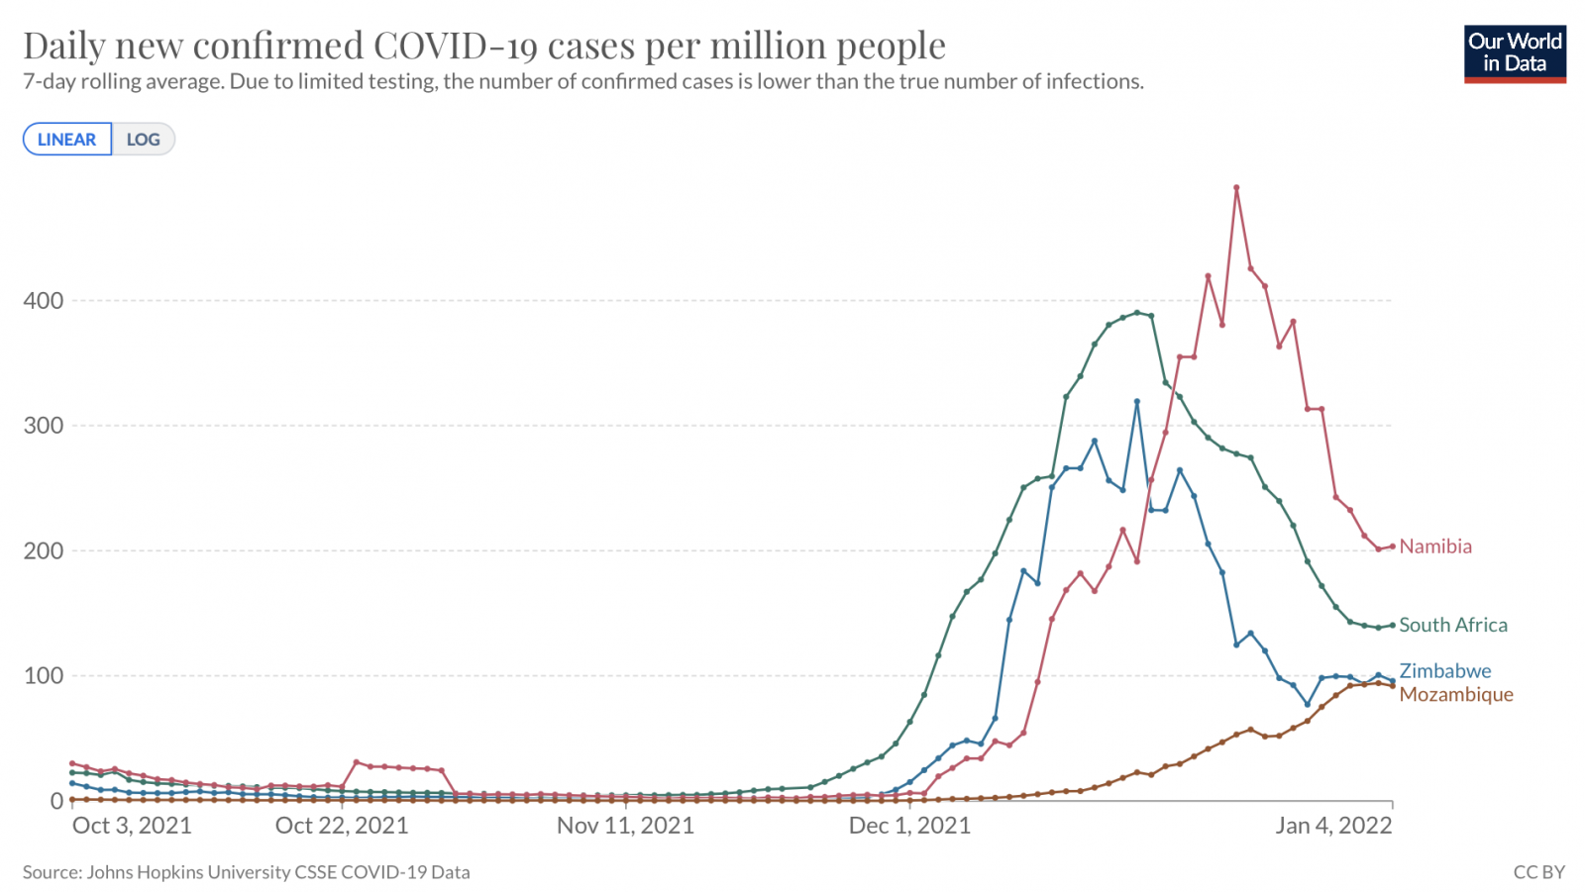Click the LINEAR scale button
pyautogui.click(x=67, y=140)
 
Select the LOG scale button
pyautogui.click(x=144, y=140)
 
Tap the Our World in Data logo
pyautogui.click(x=1515, y=53)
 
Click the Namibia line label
pyautogui.click(x=1435, y=546)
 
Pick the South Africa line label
pyautogui.click(x=1453, y=625)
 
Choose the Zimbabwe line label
pyautogui.click(x=1444, y=671)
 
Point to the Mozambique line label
pyautogui.click(x=1456, y=694)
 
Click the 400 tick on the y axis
pyautogui.click(x=44, y=300)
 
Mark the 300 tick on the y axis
pyautogui.click(x=44, y=426)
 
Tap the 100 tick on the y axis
pyautogui.click(x=44, y=676)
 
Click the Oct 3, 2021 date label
pyautogui.click(x=132, y=826)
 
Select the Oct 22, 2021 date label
pyautogui.click(x=342, y=826)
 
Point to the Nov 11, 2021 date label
pyautogui.click(x=625, y=826)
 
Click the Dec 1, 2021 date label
pyautogui.click(x=909, y=826)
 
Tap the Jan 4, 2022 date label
pyautogui.click(x=1333, y=826)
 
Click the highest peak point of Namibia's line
pyautogui.click(x=1236, y=187)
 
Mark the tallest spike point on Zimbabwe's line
pyautogui.click(x=1137, y=401)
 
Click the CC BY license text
pyautogui.click(x=1538, y=872)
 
